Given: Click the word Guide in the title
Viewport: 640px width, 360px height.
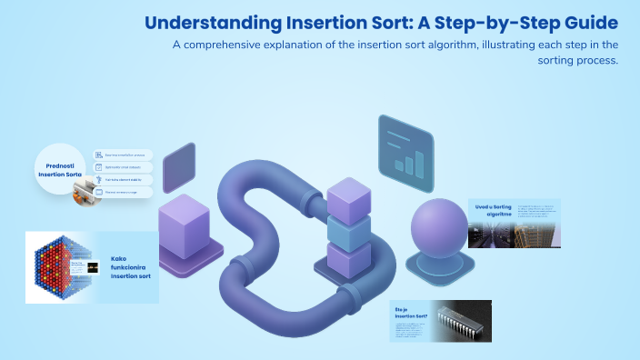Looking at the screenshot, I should (587, 22).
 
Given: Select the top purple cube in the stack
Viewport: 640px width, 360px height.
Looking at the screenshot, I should (349, 197).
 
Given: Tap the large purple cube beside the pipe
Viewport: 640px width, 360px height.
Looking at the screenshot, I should (190, 219).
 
